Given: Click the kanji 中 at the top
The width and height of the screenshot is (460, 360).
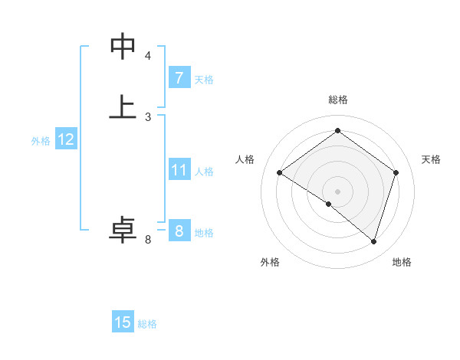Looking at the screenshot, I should pyautogui.click(x=123, y=47).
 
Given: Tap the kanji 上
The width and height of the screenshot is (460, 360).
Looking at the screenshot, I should pyautogui.click(x=123, y=106).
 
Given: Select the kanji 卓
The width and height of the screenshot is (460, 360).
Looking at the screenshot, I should pyautogui.click(x=123, y=229).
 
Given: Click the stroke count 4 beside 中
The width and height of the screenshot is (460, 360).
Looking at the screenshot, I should pyautogui.click(x=148, y=56).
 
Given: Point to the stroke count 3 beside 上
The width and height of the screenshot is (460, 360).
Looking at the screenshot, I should pyautogui.click(x=148, y=116).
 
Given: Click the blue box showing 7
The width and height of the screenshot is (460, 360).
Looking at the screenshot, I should pyautogui.click(x=179, y=78).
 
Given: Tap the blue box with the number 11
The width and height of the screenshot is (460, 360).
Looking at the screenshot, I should pyautogui.click(x=179, y=170).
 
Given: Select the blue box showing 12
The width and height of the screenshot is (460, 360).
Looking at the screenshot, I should pyautogui.click(x=66, y=139).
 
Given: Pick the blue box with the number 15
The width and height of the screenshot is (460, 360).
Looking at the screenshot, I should pyautogui.click(x=123, y=322).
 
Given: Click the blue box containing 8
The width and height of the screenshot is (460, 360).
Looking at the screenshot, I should pyautogui.click(x=179, y=231).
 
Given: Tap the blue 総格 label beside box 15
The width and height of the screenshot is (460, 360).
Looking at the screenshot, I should pyautogui.click(x=147, y=324).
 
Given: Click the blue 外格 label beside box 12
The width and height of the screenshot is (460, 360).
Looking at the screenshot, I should pyautogui.click(x=41, y=141).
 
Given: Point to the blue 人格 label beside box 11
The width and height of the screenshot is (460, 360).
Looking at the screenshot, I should pyautogui.click(x=205, y=172).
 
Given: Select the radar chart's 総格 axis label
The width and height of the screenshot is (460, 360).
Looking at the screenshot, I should pyautogui.click(x=337, y=100).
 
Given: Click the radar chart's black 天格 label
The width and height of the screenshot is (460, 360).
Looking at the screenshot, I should pyautogui.click(x=431, y=159).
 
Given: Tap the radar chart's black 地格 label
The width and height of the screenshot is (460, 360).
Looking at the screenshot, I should pyautogui.click(x=402, y=262).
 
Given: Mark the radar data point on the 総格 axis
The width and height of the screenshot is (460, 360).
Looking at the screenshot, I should pyautogui.click(x=337, y=131).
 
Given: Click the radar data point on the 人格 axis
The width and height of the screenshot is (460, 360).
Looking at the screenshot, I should pyautogui.click(x=280, y=173).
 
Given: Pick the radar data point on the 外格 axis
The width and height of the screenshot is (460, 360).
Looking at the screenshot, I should pyautogui.click(x=329, y=204).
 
